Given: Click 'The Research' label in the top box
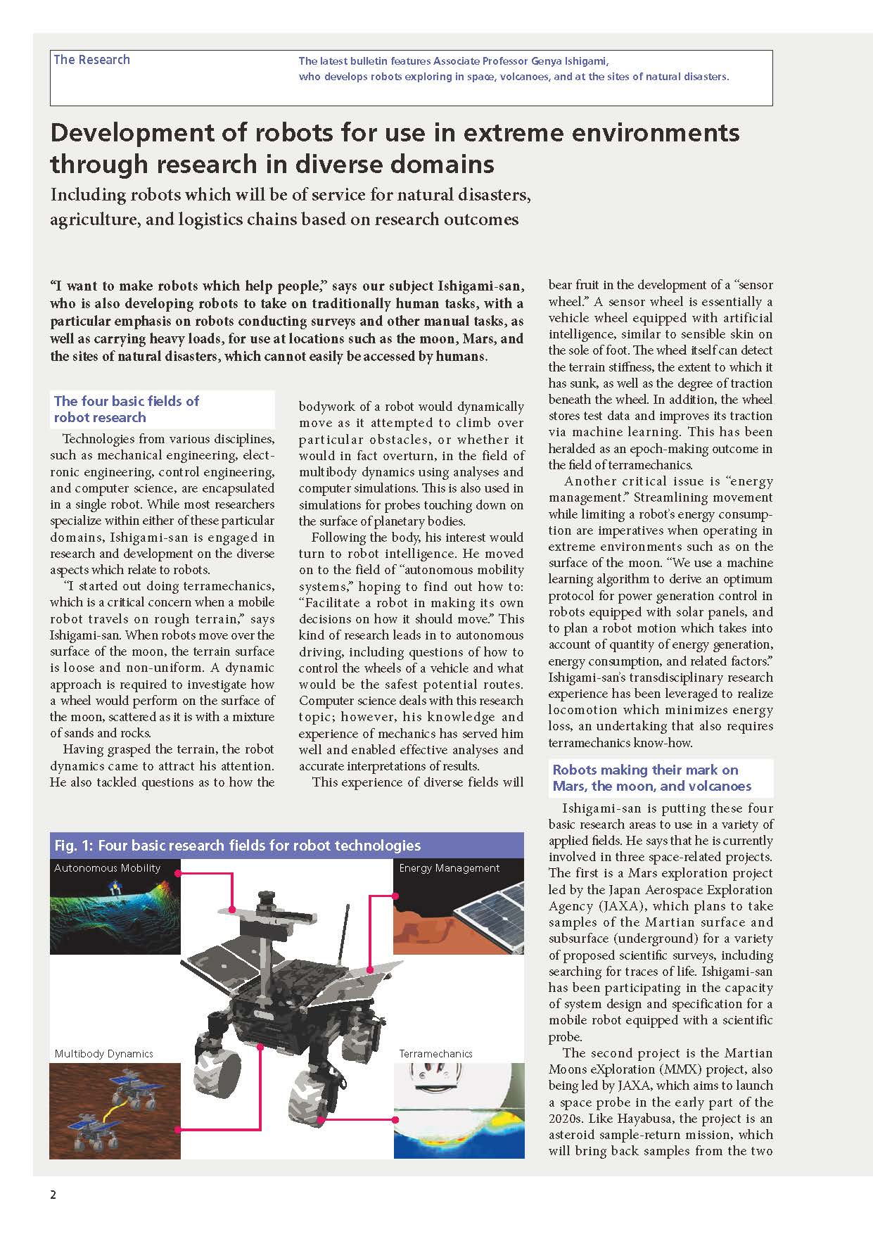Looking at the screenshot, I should pyautogui.click(x=91, y=60).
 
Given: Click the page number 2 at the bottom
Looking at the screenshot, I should pyautogui.click(x=53, y=1195).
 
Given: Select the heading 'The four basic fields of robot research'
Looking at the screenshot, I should pyautogui.click(x=127, y=409).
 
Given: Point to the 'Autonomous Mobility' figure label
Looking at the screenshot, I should pyautogui.click(x=107, y=868).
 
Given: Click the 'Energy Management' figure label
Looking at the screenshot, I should pyautogui.click(x=449, y=868).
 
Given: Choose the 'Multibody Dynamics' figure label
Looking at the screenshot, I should pyautogui.click(x=103, y=1054).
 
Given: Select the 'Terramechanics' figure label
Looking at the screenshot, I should pyautogui.click(x=435, y=1054).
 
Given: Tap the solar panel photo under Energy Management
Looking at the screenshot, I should pyautogui.click(x=459, y=915).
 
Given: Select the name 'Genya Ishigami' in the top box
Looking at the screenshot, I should pyautogui.click(x=568, y=61).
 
